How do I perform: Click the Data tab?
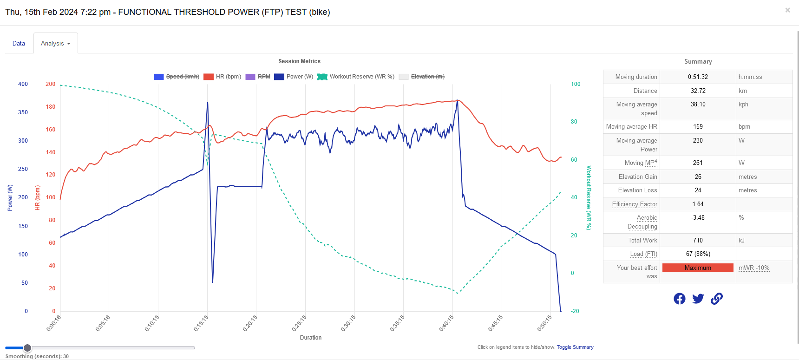pyautogui.click(x=19, y=43)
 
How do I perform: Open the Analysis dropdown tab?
pyautogui.click(x=55, y=43)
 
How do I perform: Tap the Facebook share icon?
pyautogui.click(x=679, y=299)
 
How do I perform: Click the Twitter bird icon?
pyautogui.click(x=698, y=299)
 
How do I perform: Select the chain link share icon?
pyautogui.click(x=717, y=299)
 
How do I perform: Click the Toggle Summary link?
pyautogui.click(x=575, y=347)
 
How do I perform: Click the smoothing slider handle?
pyautogui.click(x=27, y=347)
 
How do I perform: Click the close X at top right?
pyautogui.click(x=787, y=10)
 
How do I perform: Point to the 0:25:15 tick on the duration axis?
pyautogui.click(x=300, y=323)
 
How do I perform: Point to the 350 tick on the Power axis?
pyautogui.click(x=23, y=112)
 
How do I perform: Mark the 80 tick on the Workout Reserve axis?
pyautogui.click(x=574, y=122)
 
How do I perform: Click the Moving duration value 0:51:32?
pyautogui.click(x=698, y=77)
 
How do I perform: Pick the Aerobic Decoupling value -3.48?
pyautogui.click(x=698, y=218)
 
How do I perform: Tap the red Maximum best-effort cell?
pyautogui.click(x=698, y=268)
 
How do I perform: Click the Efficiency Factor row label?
pyautogui.click(x=635, y=204)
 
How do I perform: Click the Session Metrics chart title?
pyautogui.click(x=299, y=61)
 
